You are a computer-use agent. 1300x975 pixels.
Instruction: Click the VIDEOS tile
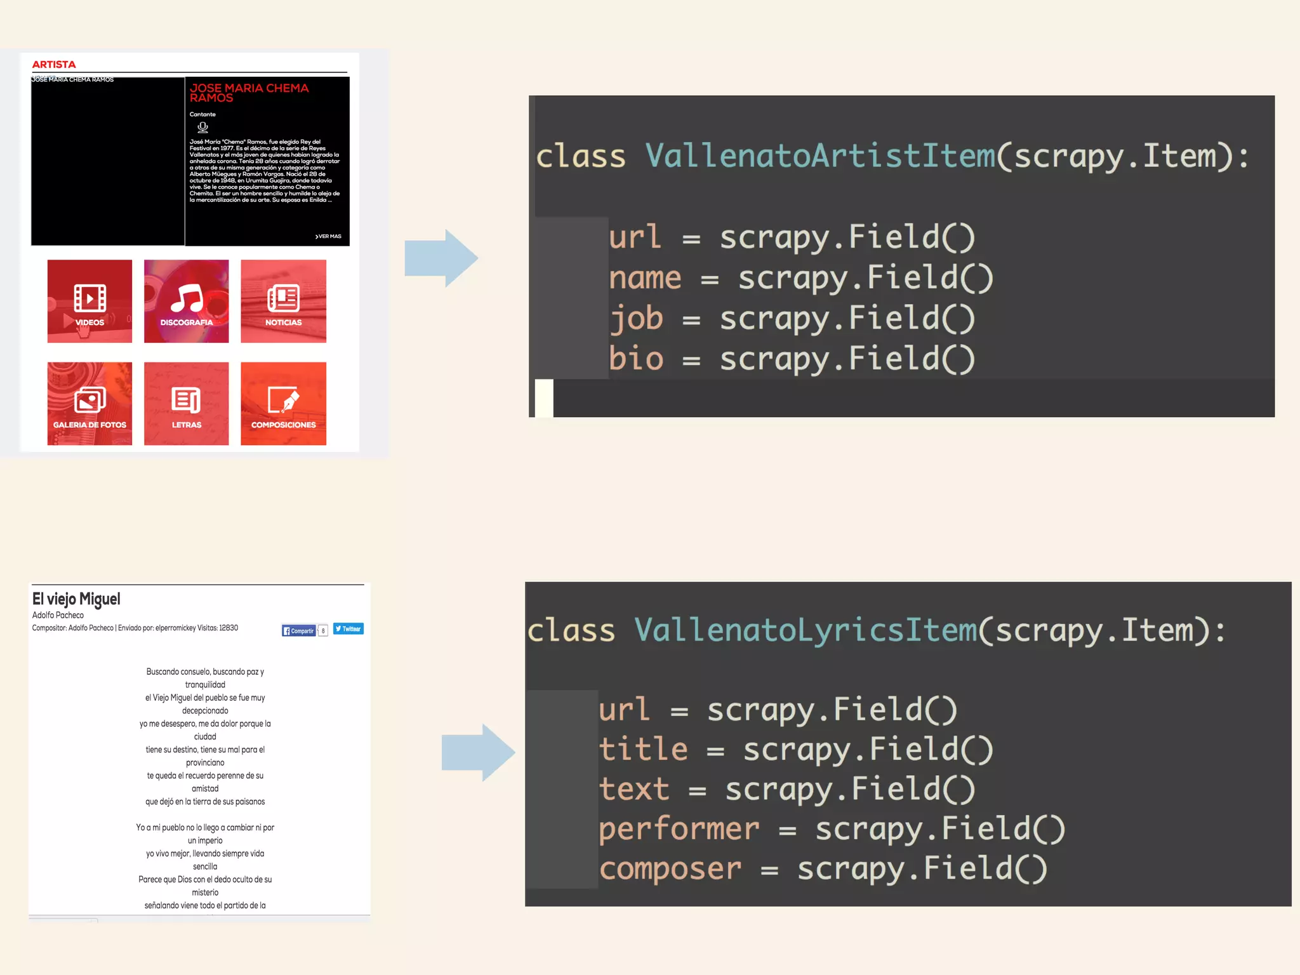pos(90,302)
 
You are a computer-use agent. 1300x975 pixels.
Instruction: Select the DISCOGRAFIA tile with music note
pos(186,302)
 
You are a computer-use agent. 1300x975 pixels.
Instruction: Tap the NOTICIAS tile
pos(283,302)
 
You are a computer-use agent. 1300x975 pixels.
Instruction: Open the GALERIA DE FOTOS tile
pos(90,404)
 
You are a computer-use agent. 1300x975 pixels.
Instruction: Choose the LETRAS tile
pos(186,404)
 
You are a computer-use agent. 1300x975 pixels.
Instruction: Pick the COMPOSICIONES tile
pos(283,404)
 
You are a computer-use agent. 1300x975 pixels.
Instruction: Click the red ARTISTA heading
pos(54,65)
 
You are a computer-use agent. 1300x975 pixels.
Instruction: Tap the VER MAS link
pos(328,236)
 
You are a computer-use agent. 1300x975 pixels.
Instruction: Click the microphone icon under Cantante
pos(202,127)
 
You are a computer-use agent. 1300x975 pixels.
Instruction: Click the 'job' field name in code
pos(635,318)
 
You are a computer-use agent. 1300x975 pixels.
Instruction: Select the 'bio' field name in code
pos(635,359)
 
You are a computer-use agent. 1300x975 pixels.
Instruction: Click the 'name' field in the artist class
pos(644,278)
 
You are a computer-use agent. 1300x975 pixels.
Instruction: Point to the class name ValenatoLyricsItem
pos(806,630)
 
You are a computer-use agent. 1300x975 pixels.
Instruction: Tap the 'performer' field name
pos(679,829)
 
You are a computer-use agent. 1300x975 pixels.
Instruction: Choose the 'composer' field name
pos(670,869)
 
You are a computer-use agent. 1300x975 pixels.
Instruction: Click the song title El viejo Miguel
pos(76,599)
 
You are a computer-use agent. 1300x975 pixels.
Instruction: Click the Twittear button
pos(348,629)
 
